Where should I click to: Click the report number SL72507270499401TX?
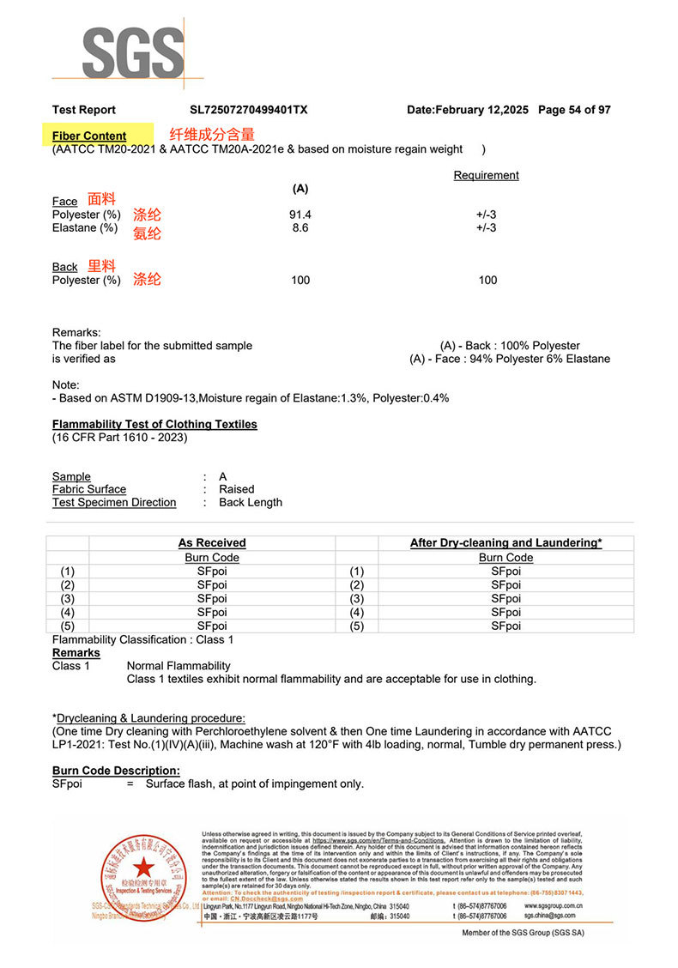pos(249,110)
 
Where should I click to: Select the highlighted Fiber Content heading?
pos(89,136)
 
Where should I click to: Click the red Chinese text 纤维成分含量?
pos(212,134)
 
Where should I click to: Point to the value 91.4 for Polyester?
pos(300,215)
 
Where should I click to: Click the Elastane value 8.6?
pos(300,227)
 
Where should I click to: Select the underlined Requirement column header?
pos(486,175)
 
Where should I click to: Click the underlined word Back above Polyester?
pos(64,267)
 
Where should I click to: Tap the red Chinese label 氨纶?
pos(147,233)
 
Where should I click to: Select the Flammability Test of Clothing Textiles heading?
pos(154,424)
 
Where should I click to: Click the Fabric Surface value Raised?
pos(237,489)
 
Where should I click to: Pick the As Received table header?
pos(212,543)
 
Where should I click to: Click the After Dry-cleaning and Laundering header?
pos(505,543)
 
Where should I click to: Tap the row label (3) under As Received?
pos(68,599)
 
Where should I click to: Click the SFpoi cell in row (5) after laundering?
pos(505,626)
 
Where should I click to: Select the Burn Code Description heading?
pos(116,771)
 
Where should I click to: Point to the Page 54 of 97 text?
pos(574,110)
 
